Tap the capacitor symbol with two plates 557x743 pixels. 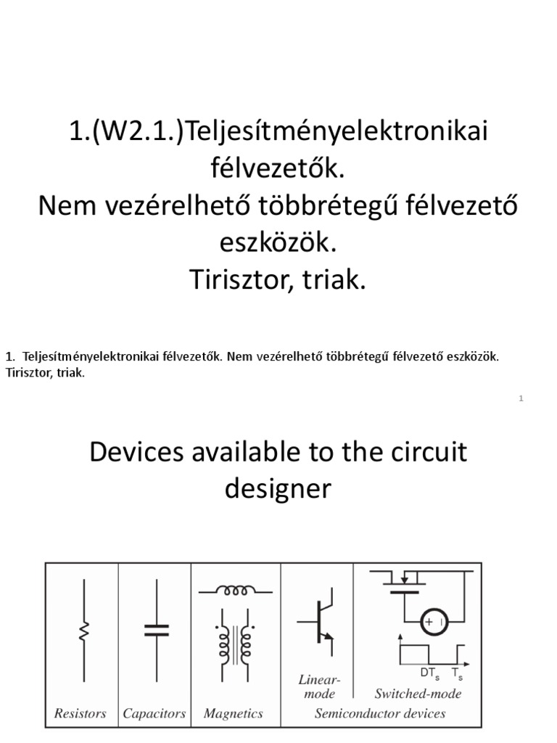(155, 629)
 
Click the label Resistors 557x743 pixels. (81, 713)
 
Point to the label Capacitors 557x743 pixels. (154, 713)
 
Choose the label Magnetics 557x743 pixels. (234, 713)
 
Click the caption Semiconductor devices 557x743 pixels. (380, 713)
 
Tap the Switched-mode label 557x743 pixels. (418, 693)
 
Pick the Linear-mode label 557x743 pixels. (319, 686)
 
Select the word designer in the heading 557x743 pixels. (278, 488)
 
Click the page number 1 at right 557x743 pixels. (521, 398)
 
